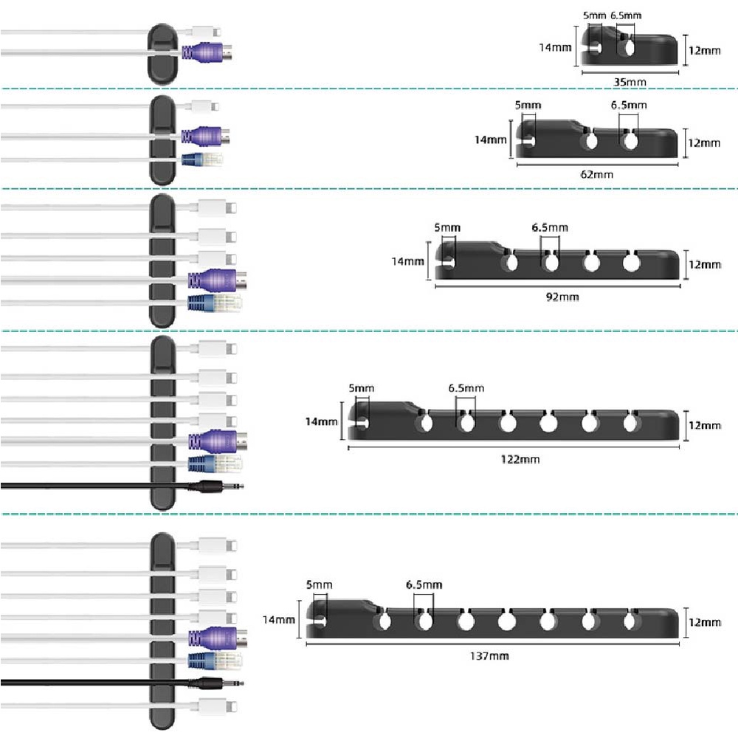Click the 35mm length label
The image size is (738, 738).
point(630,81)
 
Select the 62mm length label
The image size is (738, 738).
point(597,174)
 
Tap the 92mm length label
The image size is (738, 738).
point(562,297)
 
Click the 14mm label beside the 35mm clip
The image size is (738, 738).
point(556,47)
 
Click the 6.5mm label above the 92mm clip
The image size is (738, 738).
point(550,227)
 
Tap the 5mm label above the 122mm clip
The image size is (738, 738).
point(362,388)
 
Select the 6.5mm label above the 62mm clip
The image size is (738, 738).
point(628,105)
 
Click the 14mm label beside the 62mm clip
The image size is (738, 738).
point(492,139)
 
